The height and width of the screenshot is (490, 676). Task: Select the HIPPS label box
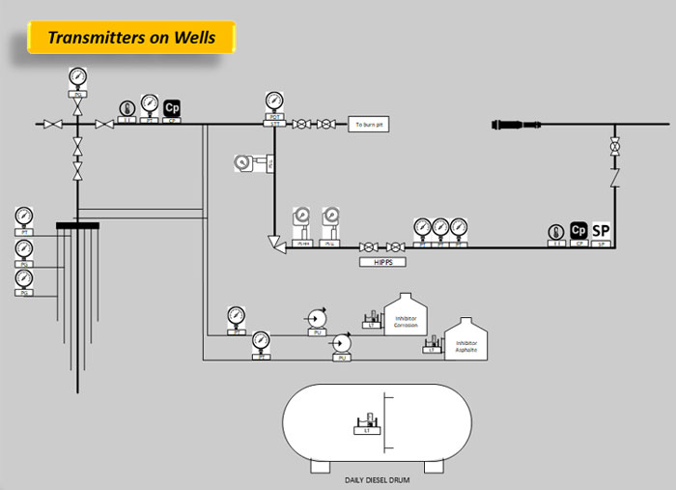(381, 262)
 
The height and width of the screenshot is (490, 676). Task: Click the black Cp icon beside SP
(578, 230)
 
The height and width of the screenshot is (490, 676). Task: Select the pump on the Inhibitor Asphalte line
(341, 343)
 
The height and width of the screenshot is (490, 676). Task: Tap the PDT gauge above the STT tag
(274, 101)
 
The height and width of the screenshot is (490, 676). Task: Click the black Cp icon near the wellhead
(172, 108)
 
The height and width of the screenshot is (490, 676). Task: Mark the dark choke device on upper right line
(522, 125)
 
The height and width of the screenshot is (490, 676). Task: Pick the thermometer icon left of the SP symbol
(555, 232)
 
